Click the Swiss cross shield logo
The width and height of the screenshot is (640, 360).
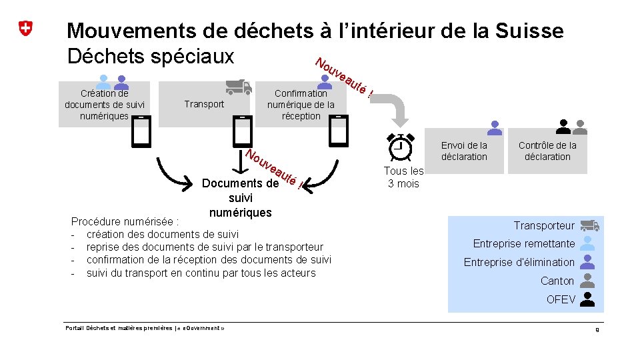[x=25, y=29]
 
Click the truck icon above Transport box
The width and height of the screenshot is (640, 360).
[x=238, y=87]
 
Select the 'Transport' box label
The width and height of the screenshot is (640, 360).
[x=204, y=104]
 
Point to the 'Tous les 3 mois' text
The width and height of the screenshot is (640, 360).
[x=403, y=177]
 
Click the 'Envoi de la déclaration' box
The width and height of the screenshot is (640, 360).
[x=464, y=151]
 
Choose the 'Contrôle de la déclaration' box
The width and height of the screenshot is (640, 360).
[x=547, y=151]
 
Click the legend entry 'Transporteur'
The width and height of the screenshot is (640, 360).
[x=544, y=226]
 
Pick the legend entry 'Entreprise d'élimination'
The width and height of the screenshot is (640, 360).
[x=519, y=262]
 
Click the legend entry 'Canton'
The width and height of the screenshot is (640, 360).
[x=557, y=281]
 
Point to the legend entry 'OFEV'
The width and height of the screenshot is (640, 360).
[x=561, y=299]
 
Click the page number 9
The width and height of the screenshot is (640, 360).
[x=597, y=330]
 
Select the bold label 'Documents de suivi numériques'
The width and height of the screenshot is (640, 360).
[x=240, y=198]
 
